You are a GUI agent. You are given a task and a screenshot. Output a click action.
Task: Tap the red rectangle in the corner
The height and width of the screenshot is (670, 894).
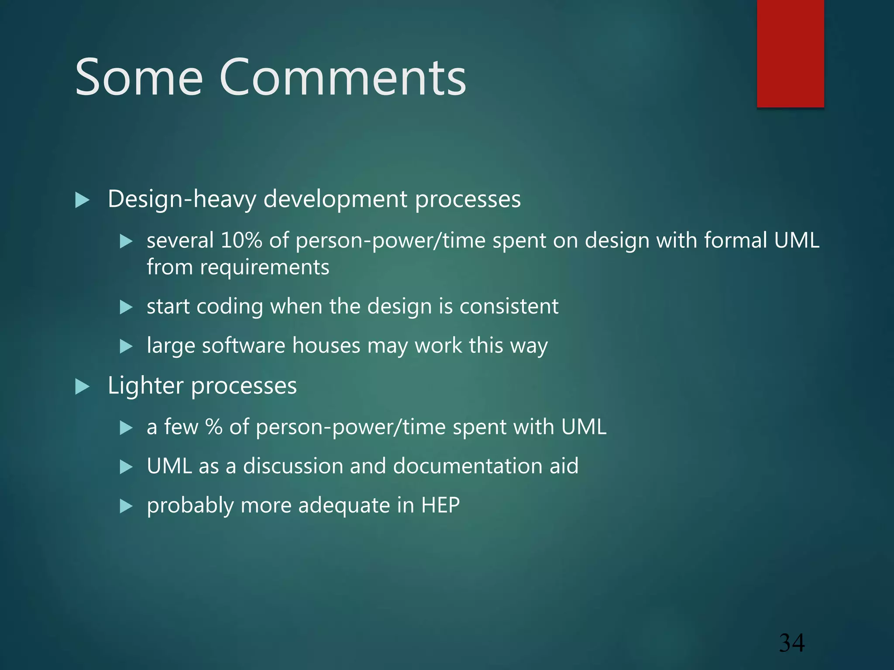790,53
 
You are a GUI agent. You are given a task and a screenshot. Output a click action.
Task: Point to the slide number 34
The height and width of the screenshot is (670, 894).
791,643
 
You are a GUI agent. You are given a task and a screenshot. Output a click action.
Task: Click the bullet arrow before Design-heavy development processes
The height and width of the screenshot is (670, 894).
82,200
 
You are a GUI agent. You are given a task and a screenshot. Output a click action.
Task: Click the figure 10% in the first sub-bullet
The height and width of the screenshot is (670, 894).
241,240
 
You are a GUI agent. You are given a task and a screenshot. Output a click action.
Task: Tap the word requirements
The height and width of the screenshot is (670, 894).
265,267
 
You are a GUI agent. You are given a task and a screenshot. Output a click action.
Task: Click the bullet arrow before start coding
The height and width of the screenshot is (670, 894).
126,307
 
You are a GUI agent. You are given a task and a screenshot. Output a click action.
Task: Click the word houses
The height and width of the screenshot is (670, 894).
326,346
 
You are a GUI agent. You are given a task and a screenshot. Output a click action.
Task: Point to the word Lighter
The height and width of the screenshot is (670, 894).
146,386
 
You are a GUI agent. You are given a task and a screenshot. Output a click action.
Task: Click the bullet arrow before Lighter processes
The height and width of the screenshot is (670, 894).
82,386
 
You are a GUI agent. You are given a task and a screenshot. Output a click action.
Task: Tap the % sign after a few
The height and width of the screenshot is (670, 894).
214,427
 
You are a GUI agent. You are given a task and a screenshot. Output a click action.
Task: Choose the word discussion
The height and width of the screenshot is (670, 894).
292,466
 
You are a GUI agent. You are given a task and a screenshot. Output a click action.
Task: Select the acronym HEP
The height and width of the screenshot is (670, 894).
440,506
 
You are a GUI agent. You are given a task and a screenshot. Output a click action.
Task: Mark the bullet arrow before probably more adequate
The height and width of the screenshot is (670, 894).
126,506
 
